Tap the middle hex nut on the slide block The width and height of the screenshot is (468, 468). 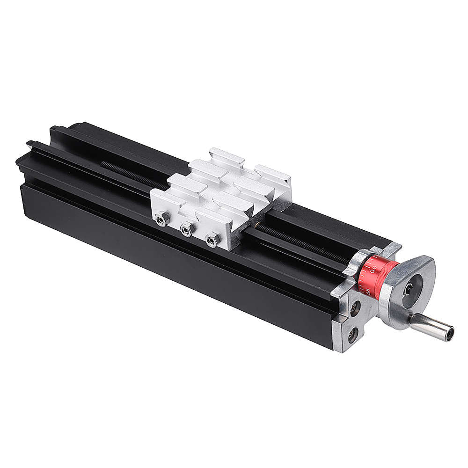(186, 229)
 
